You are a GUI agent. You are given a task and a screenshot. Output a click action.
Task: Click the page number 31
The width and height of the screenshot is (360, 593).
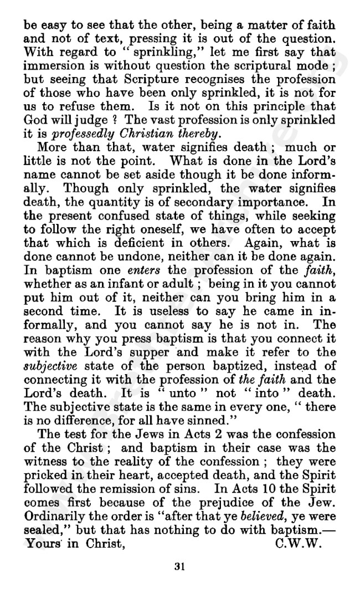click(178, 566)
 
